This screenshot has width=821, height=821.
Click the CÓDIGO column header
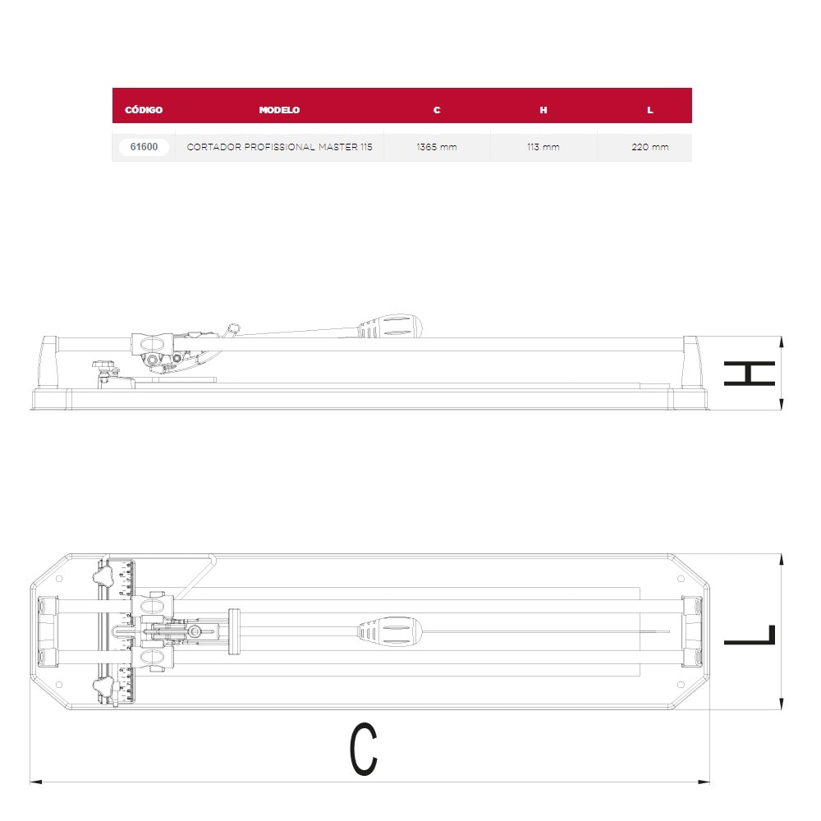click(x=144, y=110)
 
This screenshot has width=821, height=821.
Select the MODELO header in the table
click(x=279, y=110)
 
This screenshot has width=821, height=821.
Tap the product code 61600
click(x=144, y=148)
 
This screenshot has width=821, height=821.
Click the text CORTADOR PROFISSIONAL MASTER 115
click(x=279, y=148)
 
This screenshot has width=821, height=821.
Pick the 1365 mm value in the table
click(x=437, y=148)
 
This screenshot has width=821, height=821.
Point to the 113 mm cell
click(x=544, y=148)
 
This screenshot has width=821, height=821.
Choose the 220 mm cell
click(x=650, y=148)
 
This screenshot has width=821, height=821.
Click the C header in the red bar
click(x=437, y=110)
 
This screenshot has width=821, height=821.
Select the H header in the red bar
click(x=544, y=110)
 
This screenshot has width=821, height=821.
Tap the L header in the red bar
click(x=650, y=110)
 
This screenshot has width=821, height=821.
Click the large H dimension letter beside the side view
click(x=749, y=374)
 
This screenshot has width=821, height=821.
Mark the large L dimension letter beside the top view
click(x=749, y=635)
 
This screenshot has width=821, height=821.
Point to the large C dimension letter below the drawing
click(x=364, y=749)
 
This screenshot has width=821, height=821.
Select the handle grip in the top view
click(x=389, y=632)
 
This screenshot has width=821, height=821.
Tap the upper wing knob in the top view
click(x=103, y=578)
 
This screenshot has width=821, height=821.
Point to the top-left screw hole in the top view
click(x=58, y=579)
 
